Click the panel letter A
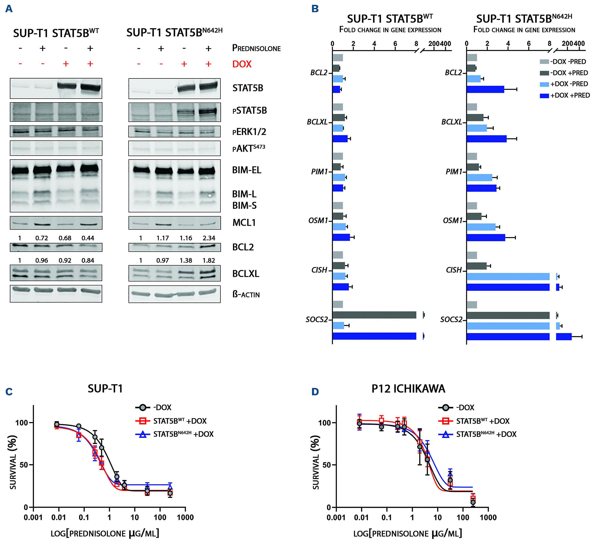tap(9, 9)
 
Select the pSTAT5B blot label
tap(249, 111)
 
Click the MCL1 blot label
tap(244, 223)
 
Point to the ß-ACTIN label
tap(246, 294)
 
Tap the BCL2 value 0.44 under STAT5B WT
tap(88, 238)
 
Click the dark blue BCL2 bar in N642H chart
tap(485, 89)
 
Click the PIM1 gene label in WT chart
tap(319, 172)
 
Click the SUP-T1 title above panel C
tap(105, 389)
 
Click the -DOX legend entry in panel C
tap(162, 407)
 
